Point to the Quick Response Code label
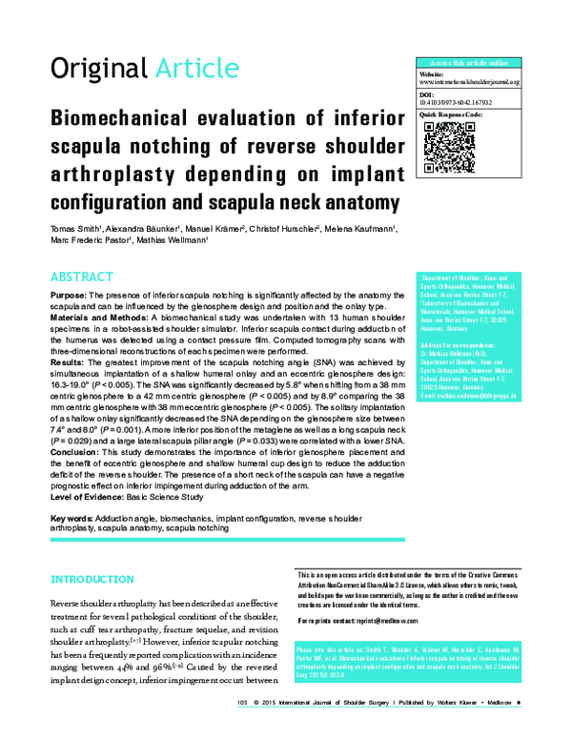click(451, 114)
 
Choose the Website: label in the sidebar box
click(433, 73)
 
